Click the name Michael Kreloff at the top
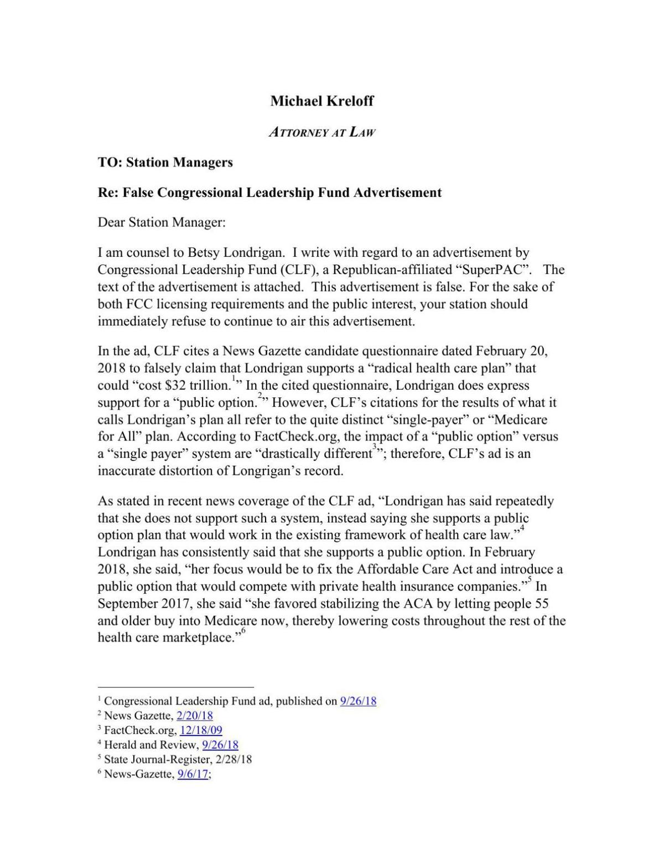pyautogui.click(x=322, y=101)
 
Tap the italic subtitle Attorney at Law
pyautogui.click(x=322, y=132)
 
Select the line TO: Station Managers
pyautogui.click(x=165, y=162)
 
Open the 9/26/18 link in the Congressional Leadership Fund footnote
pyautogui.click(x=358, y=701)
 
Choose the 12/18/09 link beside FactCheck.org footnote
pyautogui.click(x=201, y=730)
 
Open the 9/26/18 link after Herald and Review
pyautogui.click(x=220, y=745)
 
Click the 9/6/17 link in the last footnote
pyautogui.click(x=193, y=774)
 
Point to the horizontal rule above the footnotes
pyautogui.click(x=175, y=686)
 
